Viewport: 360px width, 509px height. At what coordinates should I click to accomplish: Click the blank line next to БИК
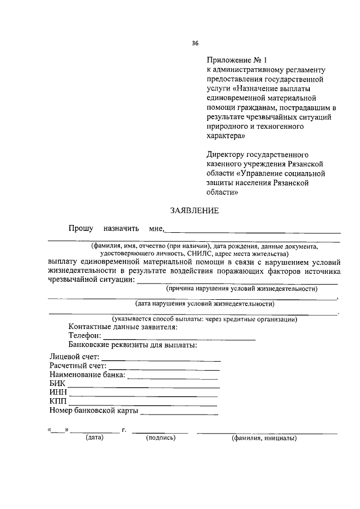143,387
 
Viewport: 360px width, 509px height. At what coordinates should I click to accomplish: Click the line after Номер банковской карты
179,414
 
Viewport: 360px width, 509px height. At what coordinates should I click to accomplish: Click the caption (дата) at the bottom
94,438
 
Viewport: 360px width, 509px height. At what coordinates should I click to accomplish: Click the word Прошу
80,229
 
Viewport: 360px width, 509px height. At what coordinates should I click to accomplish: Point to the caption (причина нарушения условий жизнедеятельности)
238,289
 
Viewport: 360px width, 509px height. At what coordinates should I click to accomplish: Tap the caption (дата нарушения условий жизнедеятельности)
205,304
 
